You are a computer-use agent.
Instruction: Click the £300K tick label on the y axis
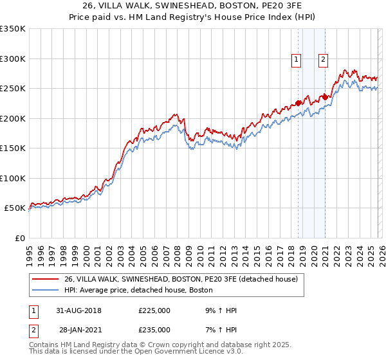point(13,59)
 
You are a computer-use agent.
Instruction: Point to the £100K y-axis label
point(13,178)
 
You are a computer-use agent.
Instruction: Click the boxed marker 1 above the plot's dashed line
point(297,59)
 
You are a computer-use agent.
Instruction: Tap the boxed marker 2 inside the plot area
point(323,59)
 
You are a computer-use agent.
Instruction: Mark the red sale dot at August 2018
point(299,103)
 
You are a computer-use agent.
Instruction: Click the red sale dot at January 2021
point(326,97)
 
